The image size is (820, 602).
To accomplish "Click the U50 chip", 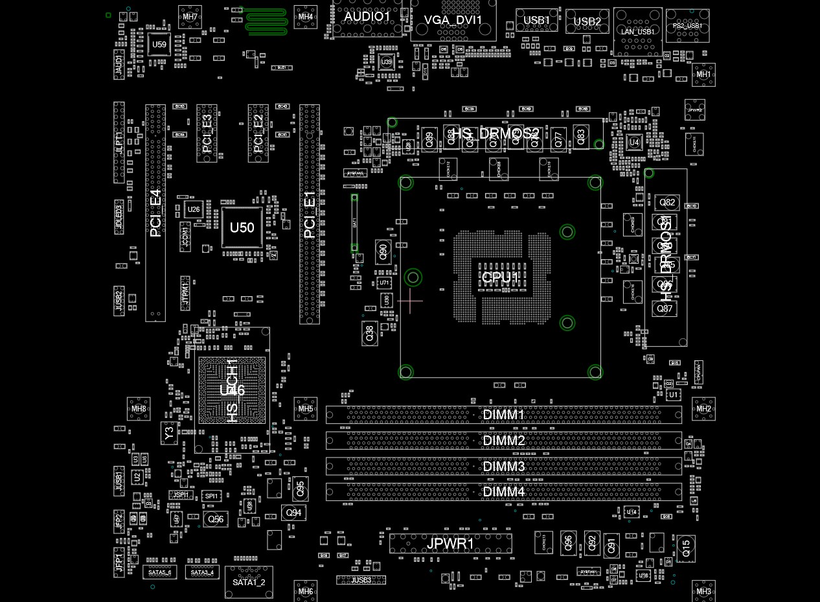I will [x=242, y=227].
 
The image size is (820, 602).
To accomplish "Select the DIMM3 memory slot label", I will [x=504, y=467].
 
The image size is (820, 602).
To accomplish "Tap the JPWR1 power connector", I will [x=450, y=543].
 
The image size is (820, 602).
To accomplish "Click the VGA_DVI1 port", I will [x=453, y=20].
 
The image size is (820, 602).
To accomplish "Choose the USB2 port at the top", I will [x=587, y=21].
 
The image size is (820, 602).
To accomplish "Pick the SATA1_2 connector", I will [x=249, y=582].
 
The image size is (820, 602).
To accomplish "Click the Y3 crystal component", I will [x=169, y=434].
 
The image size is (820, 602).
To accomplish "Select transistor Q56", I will [x=216, y=519].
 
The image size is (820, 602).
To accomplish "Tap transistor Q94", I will [x=294, y=513].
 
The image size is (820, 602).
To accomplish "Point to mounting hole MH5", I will [x=306, y=409].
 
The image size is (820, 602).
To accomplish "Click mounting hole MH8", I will [x=139, y=409].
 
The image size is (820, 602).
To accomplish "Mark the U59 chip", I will [x=159, y=45].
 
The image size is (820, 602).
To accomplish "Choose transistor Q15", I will [x=686, y=548].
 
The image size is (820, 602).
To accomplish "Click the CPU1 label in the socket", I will [x=499, y=278].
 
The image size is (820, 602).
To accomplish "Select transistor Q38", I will [x=369, y=334].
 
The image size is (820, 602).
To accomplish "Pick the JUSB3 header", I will [x=361, y=580].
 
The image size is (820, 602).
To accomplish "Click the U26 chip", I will [x=194, y=209].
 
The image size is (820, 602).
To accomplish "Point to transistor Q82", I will [x=666, y=203].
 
